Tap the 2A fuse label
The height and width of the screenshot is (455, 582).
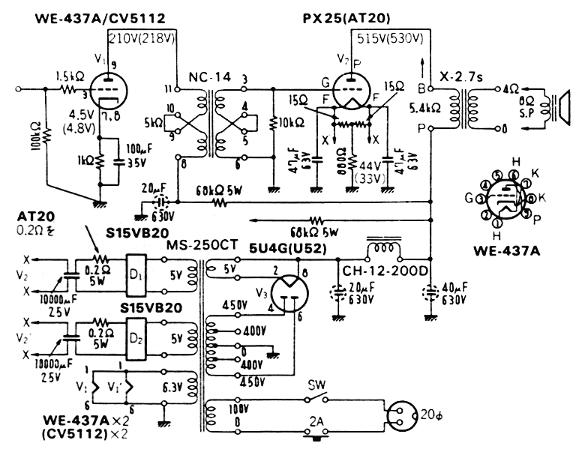(x=317, y=422)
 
